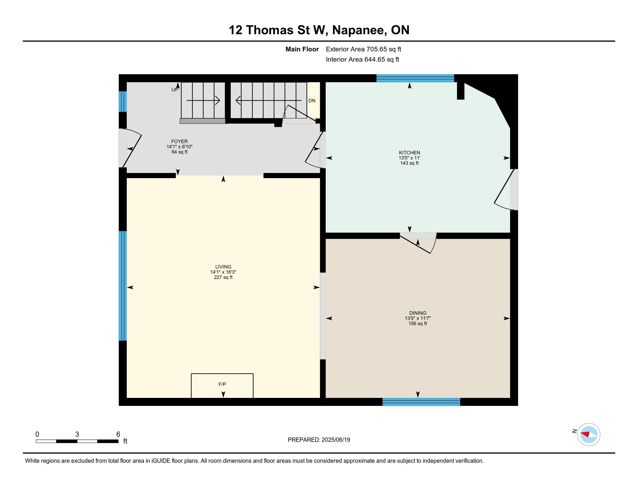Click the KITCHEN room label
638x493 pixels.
pyautogui.click(x=409, y=153)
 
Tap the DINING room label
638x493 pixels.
pyautogui.click(x=418, y=313)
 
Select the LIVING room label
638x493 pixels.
pyautogui.click(x=223, y=267)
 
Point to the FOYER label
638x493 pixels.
pyautogui.click(x=179, y=141)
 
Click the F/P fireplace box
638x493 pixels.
pyautogui.click(x=222, y=385)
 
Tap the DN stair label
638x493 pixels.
pyautogui.click(x=312, y=101)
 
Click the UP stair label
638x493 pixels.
pyautogui.click(x=175, y=90)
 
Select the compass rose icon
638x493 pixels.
pyautogui.click(x=589, y=434)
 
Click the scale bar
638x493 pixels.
pyautogui.click(x=77, y=441)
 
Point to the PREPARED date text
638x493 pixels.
pyautogui.click(x=319, y=440)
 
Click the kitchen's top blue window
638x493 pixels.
pyautogui.click(x=415, y=78)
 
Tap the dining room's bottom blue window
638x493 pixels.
pyautogui.click(x=421, y=402)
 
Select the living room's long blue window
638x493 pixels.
pyautogui.click(x=123, y=286)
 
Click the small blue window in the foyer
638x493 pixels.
pyautogui.click(x=123, y=101)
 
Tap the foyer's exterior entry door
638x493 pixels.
pyautogui.click(x=130, y=148)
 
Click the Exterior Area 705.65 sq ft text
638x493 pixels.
pyautogui.click(x=363, y=49)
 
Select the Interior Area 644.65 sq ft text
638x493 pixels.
pyautogui.click(x=362, y=59)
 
